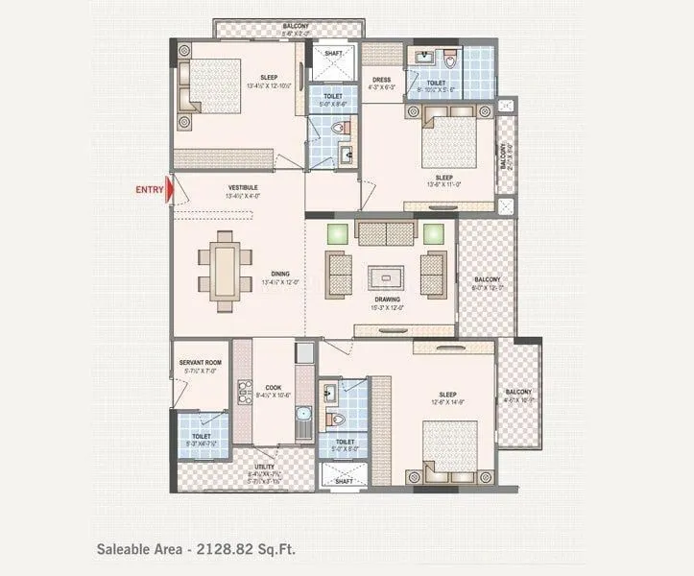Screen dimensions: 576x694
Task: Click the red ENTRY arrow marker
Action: (170, 189)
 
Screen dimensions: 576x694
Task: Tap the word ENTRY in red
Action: (149, 190)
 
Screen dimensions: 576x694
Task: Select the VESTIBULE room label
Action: (242, 186)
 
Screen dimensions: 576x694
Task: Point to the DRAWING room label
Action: (388, 299)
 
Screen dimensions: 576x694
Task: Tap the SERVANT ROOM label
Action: (201, 363)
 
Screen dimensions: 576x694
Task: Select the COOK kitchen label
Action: (274, 388)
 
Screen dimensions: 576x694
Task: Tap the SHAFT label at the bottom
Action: (343, 481)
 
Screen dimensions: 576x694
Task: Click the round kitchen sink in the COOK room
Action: (302, 416)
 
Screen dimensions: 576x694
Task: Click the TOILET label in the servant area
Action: (202, 435)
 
